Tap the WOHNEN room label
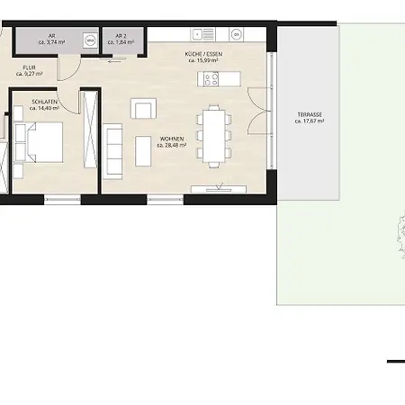(x=171, y=139)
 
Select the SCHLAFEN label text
(x=44, y=103)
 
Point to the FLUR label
(x=31, y=67)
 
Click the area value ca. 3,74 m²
(x=53, y=43)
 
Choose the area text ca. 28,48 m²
(x=171, y=146)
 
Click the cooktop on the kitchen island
(x=212, y=79)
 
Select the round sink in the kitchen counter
(x=236, y=35)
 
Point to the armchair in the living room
(x=143, y=109)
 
